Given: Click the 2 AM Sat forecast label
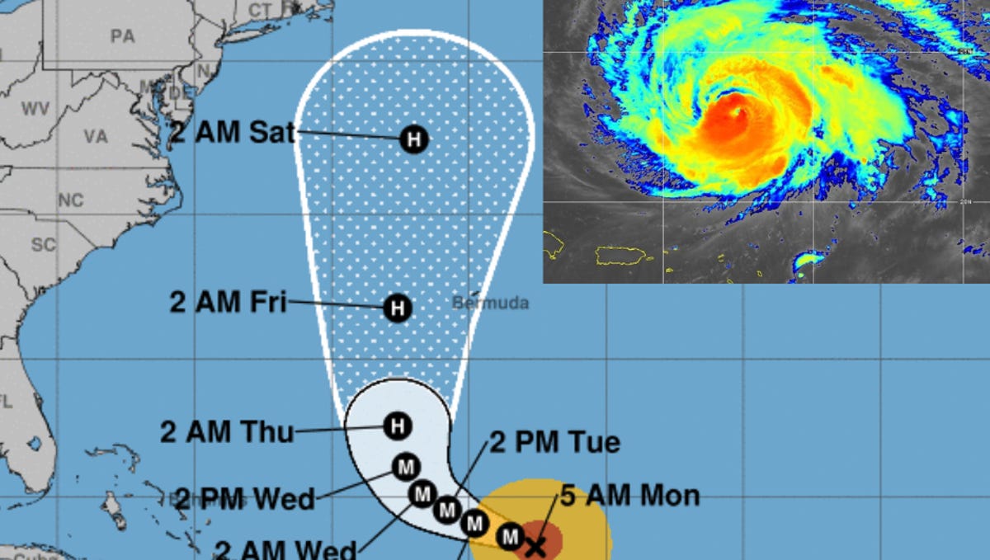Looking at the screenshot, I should click(x=232, y=133).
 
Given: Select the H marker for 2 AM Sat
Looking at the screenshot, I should click(x=414, y=139).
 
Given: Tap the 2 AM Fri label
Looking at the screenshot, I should click(x=228, y=302).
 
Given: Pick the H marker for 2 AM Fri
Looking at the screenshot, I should click(x=398, y=309).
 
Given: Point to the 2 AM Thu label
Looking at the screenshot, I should click(x=227, y=431).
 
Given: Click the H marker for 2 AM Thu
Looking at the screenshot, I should click(x=398, y=426).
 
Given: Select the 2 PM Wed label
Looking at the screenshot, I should click(x=245, y=498).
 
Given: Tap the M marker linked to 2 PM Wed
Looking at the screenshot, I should click(x=405, y=467).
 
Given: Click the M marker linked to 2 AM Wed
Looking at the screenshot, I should click(x=422, y=494).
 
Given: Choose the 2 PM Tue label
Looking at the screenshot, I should click(x=554, y=443).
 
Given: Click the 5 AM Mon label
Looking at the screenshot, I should click(x=630, y=496).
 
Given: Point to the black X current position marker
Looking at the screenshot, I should click(x=536, y=545).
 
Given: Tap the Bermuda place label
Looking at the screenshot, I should click(x=490, y=304).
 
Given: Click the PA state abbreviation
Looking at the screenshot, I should click(x=122, y=36).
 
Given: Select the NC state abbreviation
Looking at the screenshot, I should click(x=71, y=200).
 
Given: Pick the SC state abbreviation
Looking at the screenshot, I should click(x=43, y=245).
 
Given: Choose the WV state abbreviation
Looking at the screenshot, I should click(x=35, y=109).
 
